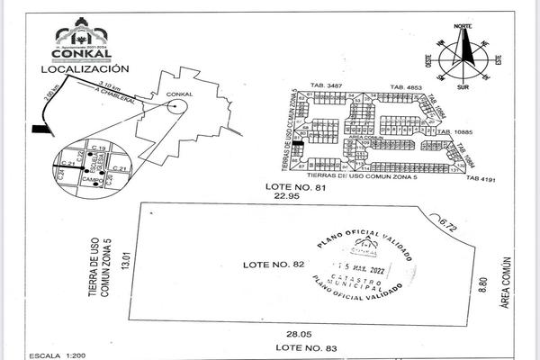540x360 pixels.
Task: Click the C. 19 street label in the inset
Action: click(99, 147)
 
